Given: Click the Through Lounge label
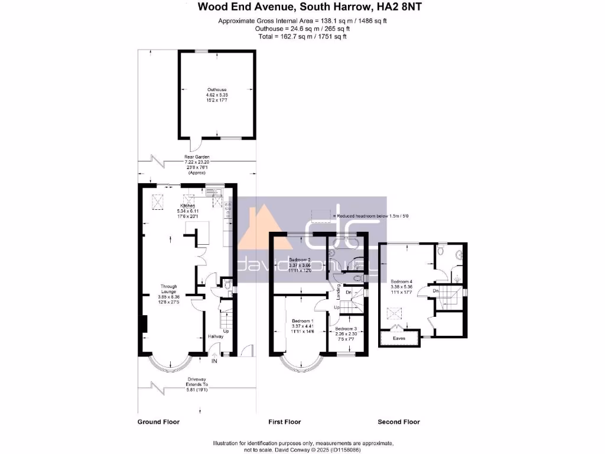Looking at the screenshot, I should (169, 287).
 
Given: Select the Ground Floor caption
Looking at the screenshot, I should (158, 422).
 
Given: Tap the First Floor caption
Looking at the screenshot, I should (284, 422).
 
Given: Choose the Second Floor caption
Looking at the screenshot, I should (399, 422).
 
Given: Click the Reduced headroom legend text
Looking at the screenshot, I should (371, 216).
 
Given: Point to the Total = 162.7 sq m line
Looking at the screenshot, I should (302, 37).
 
